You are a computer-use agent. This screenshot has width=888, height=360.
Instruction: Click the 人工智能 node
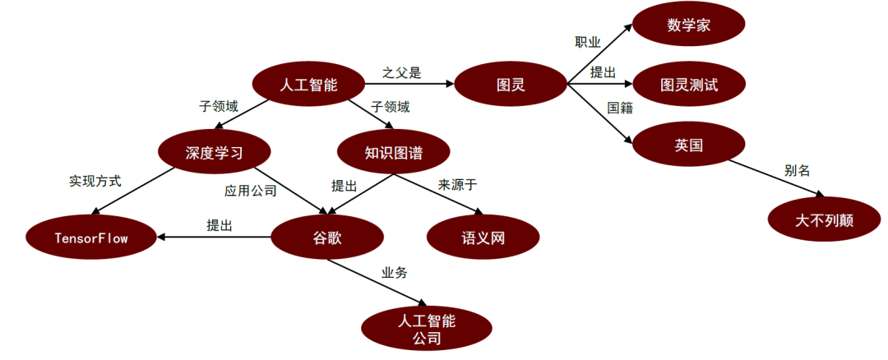[x=308, y=84]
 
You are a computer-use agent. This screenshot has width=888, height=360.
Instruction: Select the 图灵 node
[x=511, y=84]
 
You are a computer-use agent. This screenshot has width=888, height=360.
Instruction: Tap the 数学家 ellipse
[x=688, y=26]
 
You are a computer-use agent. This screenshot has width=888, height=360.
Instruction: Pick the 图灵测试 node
[x=688, y=84]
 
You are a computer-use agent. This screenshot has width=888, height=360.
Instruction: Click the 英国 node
[x=688, y=145]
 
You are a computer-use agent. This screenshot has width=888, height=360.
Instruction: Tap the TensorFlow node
[x=91, y=238]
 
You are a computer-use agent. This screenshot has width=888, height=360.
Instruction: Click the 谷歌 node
[x=326, y=238]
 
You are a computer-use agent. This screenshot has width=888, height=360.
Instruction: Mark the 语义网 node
[x=483, y=238]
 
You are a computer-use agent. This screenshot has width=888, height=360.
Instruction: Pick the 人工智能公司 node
[x=427, y=328]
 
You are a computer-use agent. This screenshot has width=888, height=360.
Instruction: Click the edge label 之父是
[x=401, y=73]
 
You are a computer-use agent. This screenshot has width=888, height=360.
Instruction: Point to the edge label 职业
[x=587, y=41]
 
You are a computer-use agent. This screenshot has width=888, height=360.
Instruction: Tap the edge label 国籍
[x=621, y=108]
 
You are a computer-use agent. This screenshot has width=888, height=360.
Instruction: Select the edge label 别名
[x=797, y=171]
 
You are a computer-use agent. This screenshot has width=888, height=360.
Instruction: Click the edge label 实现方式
[x=95, y=181]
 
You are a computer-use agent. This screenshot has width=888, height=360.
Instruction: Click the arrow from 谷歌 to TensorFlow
[x=214, y=238]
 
